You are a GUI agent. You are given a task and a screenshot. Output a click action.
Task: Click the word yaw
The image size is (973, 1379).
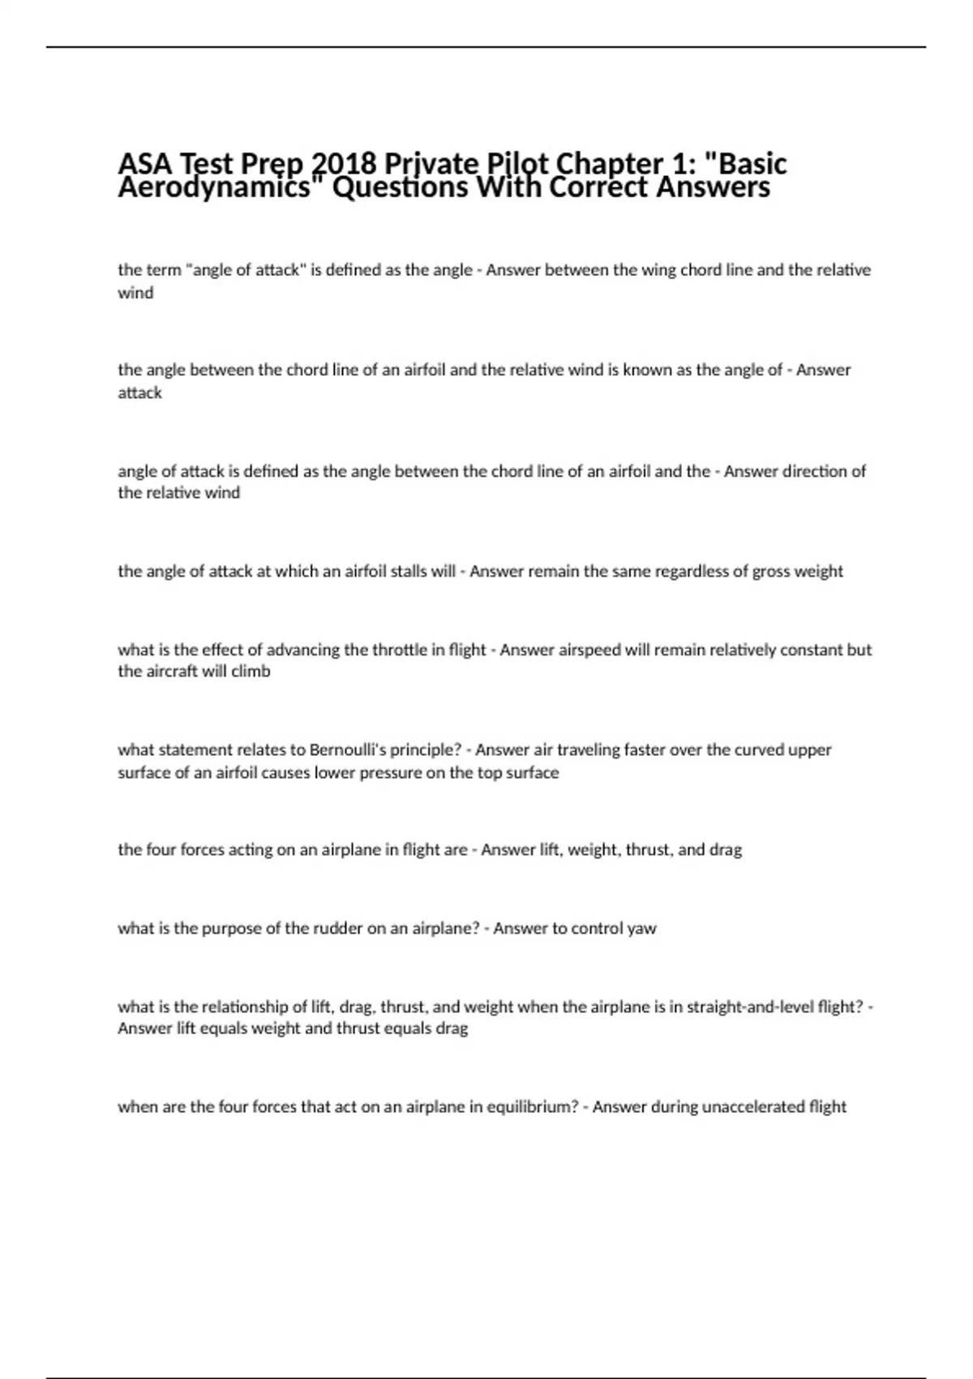pos(641,928)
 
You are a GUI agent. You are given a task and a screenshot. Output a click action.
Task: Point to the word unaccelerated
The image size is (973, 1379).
pos(752,1106)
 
